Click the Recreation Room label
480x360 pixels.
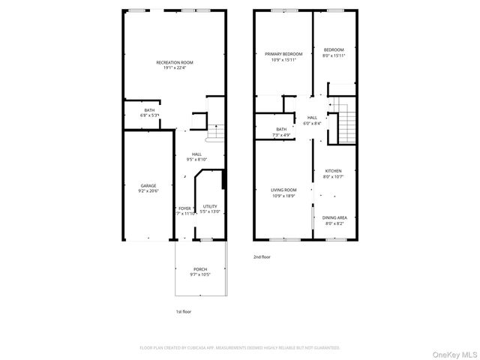175,61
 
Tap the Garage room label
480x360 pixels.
148,185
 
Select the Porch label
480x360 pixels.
200,269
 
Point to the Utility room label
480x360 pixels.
210,206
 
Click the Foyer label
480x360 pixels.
184,208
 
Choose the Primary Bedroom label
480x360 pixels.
283,54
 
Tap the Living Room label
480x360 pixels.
283,190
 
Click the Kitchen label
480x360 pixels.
333,172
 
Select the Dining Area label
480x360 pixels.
334,217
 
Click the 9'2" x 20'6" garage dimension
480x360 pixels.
148,190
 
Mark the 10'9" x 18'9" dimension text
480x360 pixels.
283,195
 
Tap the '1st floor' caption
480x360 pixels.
184,310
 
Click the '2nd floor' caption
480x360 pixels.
262,256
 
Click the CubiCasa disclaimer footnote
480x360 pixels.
240,348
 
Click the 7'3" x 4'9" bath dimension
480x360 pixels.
281,134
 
